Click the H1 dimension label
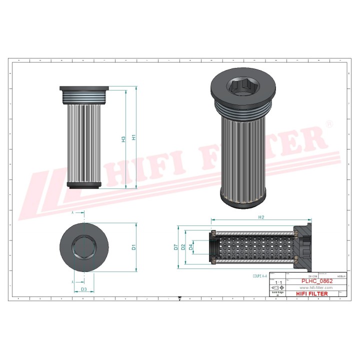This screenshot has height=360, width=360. click(133, 138)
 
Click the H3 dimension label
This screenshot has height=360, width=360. click(123, 139)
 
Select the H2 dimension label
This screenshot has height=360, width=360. click(261, 217)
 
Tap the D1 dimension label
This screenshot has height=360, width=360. click(133, 246)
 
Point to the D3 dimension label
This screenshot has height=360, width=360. click(84, 289)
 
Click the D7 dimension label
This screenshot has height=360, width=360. click(176, 246)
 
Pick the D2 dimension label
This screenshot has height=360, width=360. click(183, 246)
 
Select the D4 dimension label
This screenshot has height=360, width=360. click(191, 246)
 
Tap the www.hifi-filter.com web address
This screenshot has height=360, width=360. click(315, 287)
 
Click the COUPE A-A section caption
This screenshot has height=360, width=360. click(261, 275)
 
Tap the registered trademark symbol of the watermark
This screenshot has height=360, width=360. click(328, 123)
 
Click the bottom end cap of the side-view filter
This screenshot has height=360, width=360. click(84, 186)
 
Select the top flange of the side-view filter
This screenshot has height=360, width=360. click(84, 89)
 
